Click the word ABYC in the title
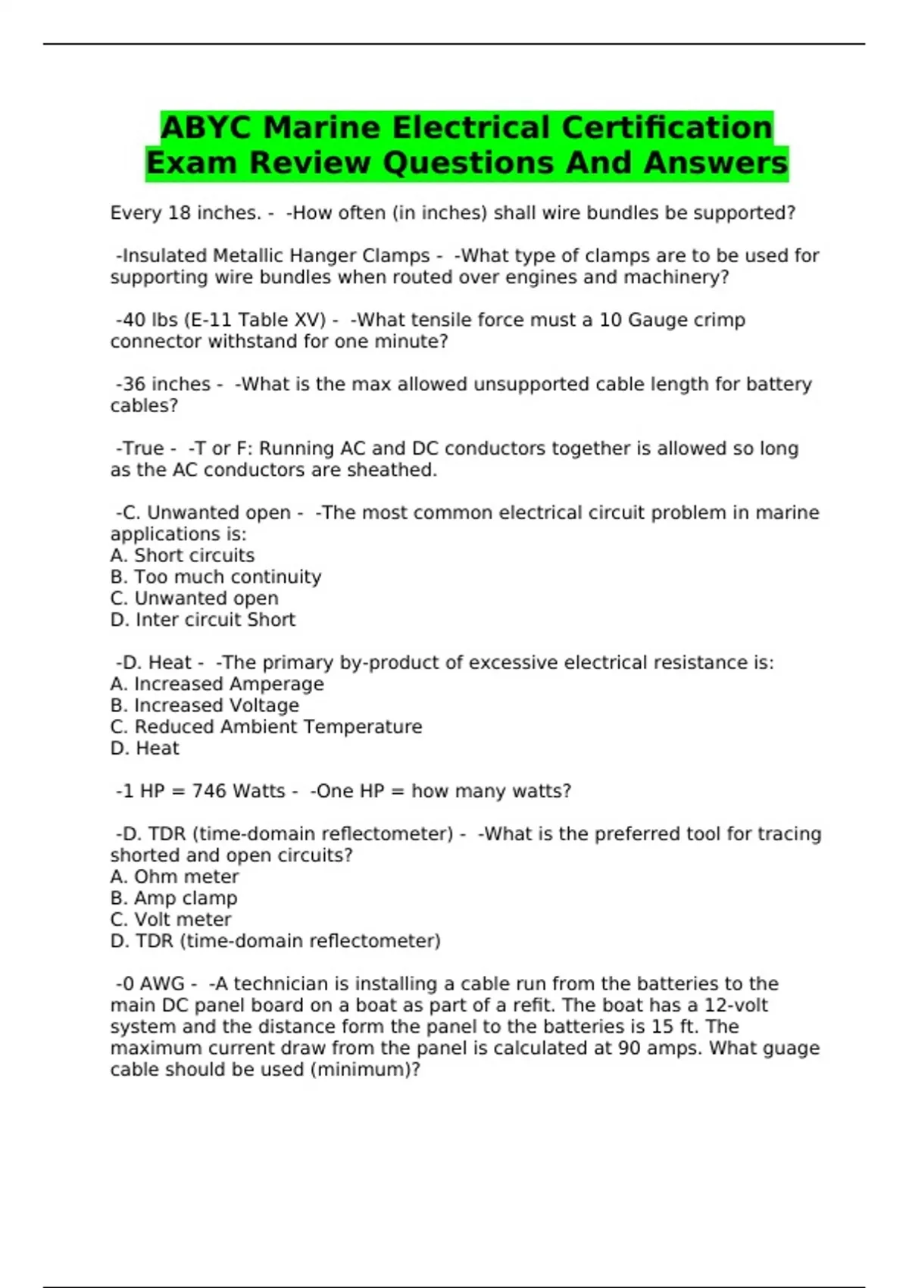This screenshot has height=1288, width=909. [205, 127]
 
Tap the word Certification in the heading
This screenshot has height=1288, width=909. [667, 127]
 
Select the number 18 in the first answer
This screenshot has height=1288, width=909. [179, 213]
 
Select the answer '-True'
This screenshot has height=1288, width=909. [140, 449]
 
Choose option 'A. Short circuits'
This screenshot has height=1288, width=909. [182, 555]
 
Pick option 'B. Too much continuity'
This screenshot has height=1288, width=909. [215, 577]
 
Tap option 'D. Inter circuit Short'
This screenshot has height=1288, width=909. [202, 620]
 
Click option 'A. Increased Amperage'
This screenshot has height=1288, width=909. [217, 684]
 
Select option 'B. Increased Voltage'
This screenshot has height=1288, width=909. [205, 705]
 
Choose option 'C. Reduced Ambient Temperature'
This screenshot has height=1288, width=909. [266, 727]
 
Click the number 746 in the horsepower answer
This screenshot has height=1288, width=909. [209, 791]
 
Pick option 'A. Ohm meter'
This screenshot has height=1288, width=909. [174, 877]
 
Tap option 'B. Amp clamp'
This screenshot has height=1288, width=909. [173, 898]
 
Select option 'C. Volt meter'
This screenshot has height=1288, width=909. [170, 919]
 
